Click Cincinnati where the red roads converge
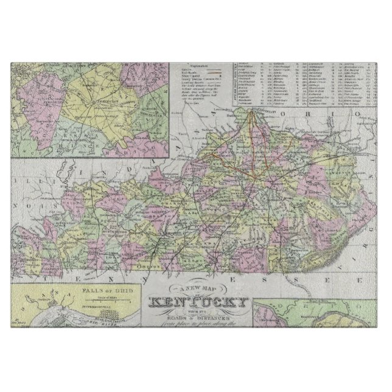256,112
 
